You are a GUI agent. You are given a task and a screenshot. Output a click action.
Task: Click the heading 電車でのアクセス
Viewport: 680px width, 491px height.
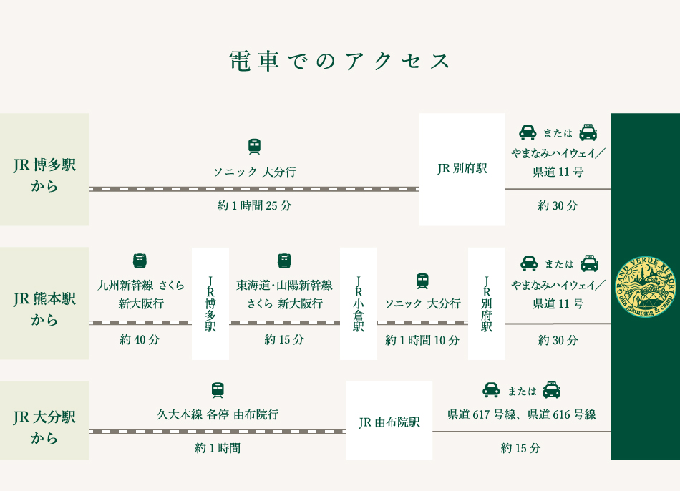pos(339,61)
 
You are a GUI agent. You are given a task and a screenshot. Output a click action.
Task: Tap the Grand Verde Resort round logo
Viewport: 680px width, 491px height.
pos(646,287)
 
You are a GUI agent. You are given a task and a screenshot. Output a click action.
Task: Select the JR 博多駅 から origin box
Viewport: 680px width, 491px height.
pos(44,170)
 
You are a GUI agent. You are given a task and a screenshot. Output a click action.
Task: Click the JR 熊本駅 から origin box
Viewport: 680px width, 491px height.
pos(44,303)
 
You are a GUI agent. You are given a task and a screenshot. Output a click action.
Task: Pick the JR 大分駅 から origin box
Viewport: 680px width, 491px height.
pos(44,420)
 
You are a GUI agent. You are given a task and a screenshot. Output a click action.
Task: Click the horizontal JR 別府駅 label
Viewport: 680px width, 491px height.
pos(462,168)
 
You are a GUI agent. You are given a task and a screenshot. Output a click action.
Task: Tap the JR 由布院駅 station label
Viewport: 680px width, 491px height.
pos(389,422)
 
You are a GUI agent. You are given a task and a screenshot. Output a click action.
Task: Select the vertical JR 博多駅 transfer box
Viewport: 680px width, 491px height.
pos(210,303)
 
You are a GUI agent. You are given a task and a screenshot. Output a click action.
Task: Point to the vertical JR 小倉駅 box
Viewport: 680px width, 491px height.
pos(359,303)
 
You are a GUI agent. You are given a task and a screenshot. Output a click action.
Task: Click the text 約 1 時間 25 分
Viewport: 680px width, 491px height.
pos(254,205)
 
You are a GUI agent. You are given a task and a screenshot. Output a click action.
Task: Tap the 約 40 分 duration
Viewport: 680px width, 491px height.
pos(140,339)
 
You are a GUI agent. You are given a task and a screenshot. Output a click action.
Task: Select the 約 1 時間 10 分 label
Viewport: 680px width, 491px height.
pos(422,340)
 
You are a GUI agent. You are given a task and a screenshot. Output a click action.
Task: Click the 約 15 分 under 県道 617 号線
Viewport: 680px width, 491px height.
pos(521,448)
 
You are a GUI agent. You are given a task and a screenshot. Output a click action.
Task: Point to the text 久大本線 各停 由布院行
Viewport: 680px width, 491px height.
pos(218,414)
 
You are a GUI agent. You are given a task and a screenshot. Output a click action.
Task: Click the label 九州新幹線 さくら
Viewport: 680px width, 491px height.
pos(140,285)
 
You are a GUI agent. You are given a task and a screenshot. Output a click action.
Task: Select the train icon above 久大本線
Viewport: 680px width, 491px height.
pos(218,390)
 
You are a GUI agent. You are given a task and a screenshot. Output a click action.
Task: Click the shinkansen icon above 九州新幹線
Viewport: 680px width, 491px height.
pos(140,261)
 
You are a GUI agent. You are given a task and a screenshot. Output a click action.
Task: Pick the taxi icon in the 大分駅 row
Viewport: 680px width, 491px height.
pos(552,390)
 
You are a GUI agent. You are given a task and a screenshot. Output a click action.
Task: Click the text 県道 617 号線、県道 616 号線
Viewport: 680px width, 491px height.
pos(521,414)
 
